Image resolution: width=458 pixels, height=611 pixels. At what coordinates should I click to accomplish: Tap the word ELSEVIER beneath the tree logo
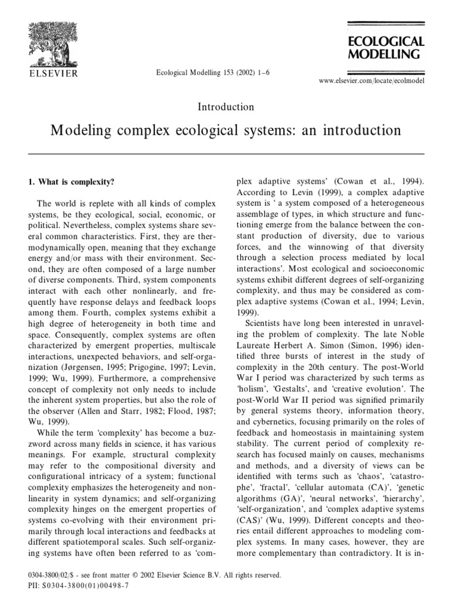click(42, 75)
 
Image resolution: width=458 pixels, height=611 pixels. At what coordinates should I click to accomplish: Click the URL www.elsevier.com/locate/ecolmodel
click(372, 80)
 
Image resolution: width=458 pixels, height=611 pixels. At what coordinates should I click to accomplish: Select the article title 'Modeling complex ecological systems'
click(226, 129)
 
